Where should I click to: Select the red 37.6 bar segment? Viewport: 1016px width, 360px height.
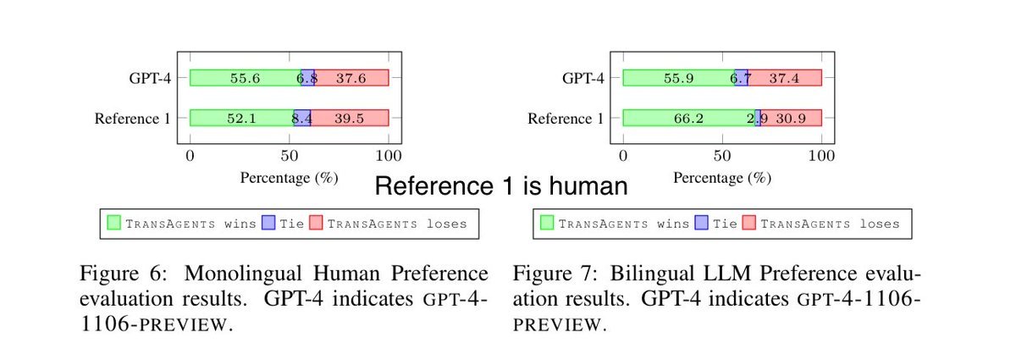pyautogui.click(x=351, y=78)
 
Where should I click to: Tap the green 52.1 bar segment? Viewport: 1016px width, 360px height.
pyautogui.click(x=240, y=118)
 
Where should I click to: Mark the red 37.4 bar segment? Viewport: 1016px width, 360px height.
pyautogui.click(x=785, y=78)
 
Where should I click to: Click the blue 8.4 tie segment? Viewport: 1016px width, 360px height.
pyautogui.click(x=302, y=118)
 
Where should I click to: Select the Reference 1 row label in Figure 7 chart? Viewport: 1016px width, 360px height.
pyautogui.click(x=566, y=119)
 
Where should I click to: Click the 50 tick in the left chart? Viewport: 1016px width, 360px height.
pyautogui.click(x=290, y=156)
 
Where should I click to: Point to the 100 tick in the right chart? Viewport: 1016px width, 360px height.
pyautogui.click(x=821, y=156)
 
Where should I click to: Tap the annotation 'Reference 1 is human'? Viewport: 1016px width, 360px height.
pyautogui.click(x=500, y=186)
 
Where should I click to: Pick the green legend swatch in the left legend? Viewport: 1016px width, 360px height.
pyautogui.click(x=115, y=224)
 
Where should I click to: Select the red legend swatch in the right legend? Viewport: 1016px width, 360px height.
pyautogui.click(x=749, y=224)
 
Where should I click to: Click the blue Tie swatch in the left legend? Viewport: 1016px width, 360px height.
pyautogui.click(x=270, y=224)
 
